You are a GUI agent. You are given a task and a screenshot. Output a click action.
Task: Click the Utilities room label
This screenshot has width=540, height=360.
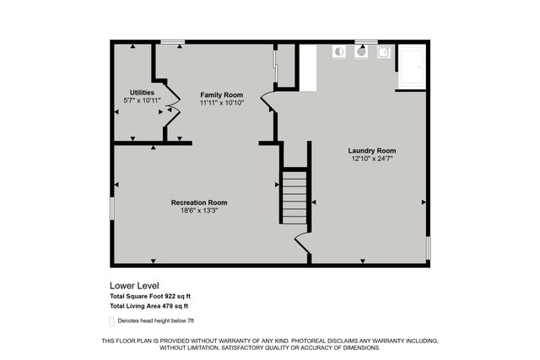142,92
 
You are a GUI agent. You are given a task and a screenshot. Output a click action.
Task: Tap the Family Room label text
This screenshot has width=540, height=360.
221,94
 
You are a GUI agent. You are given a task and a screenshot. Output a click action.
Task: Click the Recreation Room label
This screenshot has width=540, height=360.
199,202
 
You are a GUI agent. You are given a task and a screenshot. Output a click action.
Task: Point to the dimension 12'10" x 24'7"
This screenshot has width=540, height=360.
371,158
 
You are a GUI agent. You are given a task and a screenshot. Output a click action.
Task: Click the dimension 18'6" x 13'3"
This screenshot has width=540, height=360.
199,211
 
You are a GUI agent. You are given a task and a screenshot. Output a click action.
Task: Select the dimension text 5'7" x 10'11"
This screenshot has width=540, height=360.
142,100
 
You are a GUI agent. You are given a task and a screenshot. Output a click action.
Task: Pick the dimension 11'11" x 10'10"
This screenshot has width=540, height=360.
221,103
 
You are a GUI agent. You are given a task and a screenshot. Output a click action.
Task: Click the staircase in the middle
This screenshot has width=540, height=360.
294,197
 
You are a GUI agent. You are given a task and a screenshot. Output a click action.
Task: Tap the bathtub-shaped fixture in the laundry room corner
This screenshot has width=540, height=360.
412,67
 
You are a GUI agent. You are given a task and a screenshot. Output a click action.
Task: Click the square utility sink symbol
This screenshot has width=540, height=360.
383,51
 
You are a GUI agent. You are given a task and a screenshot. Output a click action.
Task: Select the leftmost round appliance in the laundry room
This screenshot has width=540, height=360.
338,51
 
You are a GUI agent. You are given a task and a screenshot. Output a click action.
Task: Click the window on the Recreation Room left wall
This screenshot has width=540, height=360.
111,208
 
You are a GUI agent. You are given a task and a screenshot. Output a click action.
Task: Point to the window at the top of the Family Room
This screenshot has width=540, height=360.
173,41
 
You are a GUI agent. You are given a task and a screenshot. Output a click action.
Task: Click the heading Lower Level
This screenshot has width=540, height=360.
135,286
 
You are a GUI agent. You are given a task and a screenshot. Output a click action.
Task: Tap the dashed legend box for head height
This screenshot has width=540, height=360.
112,321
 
